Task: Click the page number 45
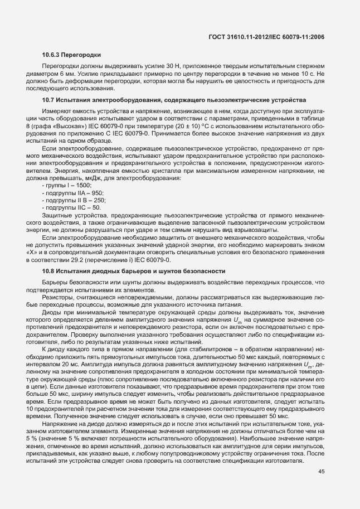(320, 472)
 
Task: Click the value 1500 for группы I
(82, 185)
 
